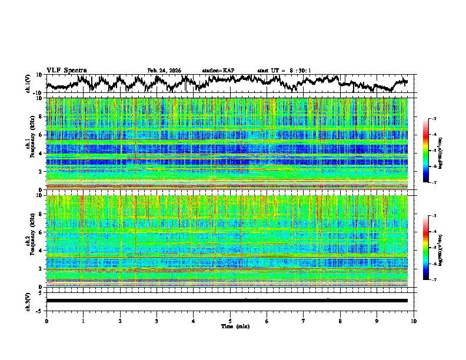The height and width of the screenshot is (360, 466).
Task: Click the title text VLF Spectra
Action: [66, 70]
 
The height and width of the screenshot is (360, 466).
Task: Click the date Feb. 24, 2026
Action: [164, 71]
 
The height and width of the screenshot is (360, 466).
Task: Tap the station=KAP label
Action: [218, 71]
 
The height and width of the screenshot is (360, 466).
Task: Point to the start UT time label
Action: [284, 71]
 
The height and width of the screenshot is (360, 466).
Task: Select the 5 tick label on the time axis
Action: [230, 320]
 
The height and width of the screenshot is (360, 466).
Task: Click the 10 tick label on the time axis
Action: [414, 320]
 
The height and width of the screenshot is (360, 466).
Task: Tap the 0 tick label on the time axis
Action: [46, 320]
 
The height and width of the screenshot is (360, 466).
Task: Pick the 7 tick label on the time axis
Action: [304, 320]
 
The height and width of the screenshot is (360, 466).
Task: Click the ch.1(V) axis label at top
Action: [28, 84]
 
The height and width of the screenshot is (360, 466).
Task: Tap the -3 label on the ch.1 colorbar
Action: [434, 119]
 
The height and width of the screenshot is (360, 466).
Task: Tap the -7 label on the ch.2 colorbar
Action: [434, 280]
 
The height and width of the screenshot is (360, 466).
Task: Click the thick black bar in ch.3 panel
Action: [227, 301]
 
